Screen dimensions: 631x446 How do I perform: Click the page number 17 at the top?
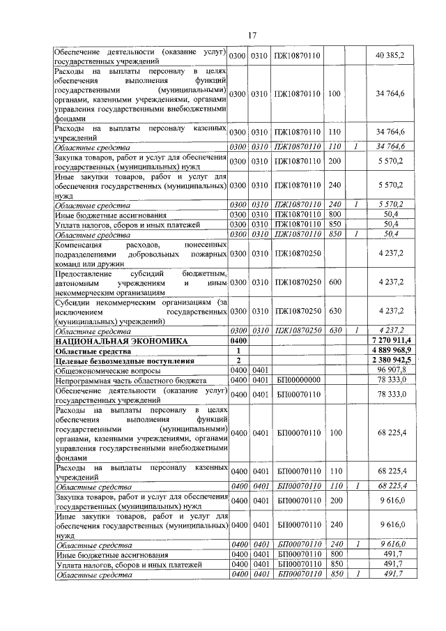[x=253, y=36]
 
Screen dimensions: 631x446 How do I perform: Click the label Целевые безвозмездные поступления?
[x=116, y=360]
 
